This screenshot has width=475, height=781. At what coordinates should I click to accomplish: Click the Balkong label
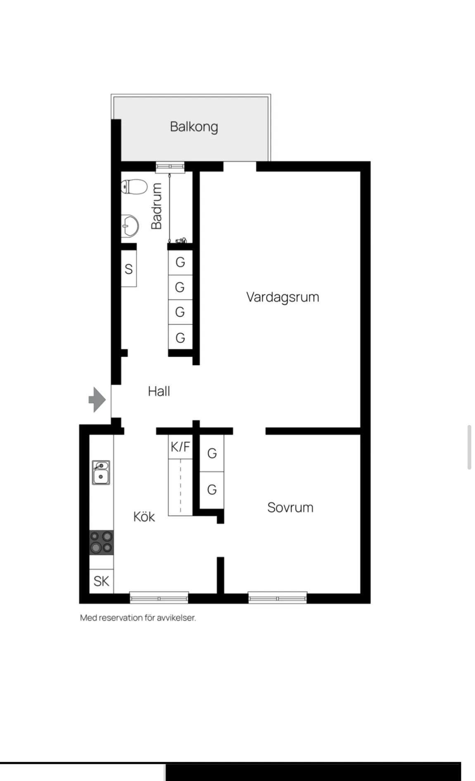pos(194,127)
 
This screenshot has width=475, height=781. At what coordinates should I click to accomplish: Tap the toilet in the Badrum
pos(134,187)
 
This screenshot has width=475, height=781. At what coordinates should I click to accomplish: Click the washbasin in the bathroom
pos(130,226)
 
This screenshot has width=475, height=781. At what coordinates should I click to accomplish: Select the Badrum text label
pos(157,206)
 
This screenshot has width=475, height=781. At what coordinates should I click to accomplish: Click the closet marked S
pos(129,269)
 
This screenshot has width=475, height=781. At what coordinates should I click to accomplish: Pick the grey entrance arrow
pos(97,399)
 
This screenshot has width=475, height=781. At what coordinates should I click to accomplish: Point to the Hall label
pos(159,391)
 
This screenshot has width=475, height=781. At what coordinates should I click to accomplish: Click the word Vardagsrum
pos(283,297)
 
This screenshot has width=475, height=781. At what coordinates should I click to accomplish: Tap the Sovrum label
pos(290,507)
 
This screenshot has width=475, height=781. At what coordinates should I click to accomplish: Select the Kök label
pos(144,517)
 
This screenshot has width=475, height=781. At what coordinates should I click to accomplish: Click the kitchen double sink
pos(101,472)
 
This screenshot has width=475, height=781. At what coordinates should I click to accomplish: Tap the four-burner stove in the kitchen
pos(102,542)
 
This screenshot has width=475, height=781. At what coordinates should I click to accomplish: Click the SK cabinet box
pos(102,581)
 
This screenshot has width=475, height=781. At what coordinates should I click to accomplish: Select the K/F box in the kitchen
pos(180,447)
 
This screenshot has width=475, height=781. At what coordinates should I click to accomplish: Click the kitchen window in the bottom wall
pos(159,598)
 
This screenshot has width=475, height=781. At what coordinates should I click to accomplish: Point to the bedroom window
pos(277,598)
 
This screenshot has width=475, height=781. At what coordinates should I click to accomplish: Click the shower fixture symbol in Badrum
pos(181,240)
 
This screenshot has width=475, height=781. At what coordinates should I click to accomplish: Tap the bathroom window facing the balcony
pos(170,166)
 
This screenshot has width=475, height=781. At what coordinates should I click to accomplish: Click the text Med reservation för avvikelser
pos(138,618)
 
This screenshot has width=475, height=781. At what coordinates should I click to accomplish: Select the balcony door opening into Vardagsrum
pos(240,167)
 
